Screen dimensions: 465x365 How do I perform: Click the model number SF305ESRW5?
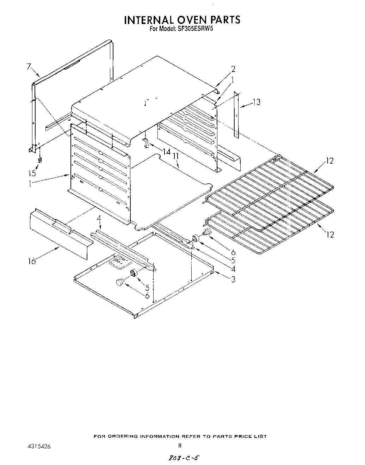tap(194, 30)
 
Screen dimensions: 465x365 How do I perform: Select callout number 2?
tap(233, 69)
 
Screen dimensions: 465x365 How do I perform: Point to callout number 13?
tap(257, 102)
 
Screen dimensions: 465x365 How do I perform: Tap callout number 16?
tap(32, 261)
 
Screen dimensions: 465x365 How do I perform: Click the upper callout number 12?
tap(329, 161)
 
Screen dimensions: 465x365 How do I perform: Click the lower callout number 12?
tap(330, 234)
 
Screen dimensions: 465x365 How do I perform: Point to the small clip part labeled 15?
tap(40, 160)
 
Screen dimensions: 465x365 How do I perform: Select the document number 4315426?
tap(39, 446)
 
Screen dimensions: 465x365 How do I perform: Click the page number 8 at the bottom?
tap(180, 446)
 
